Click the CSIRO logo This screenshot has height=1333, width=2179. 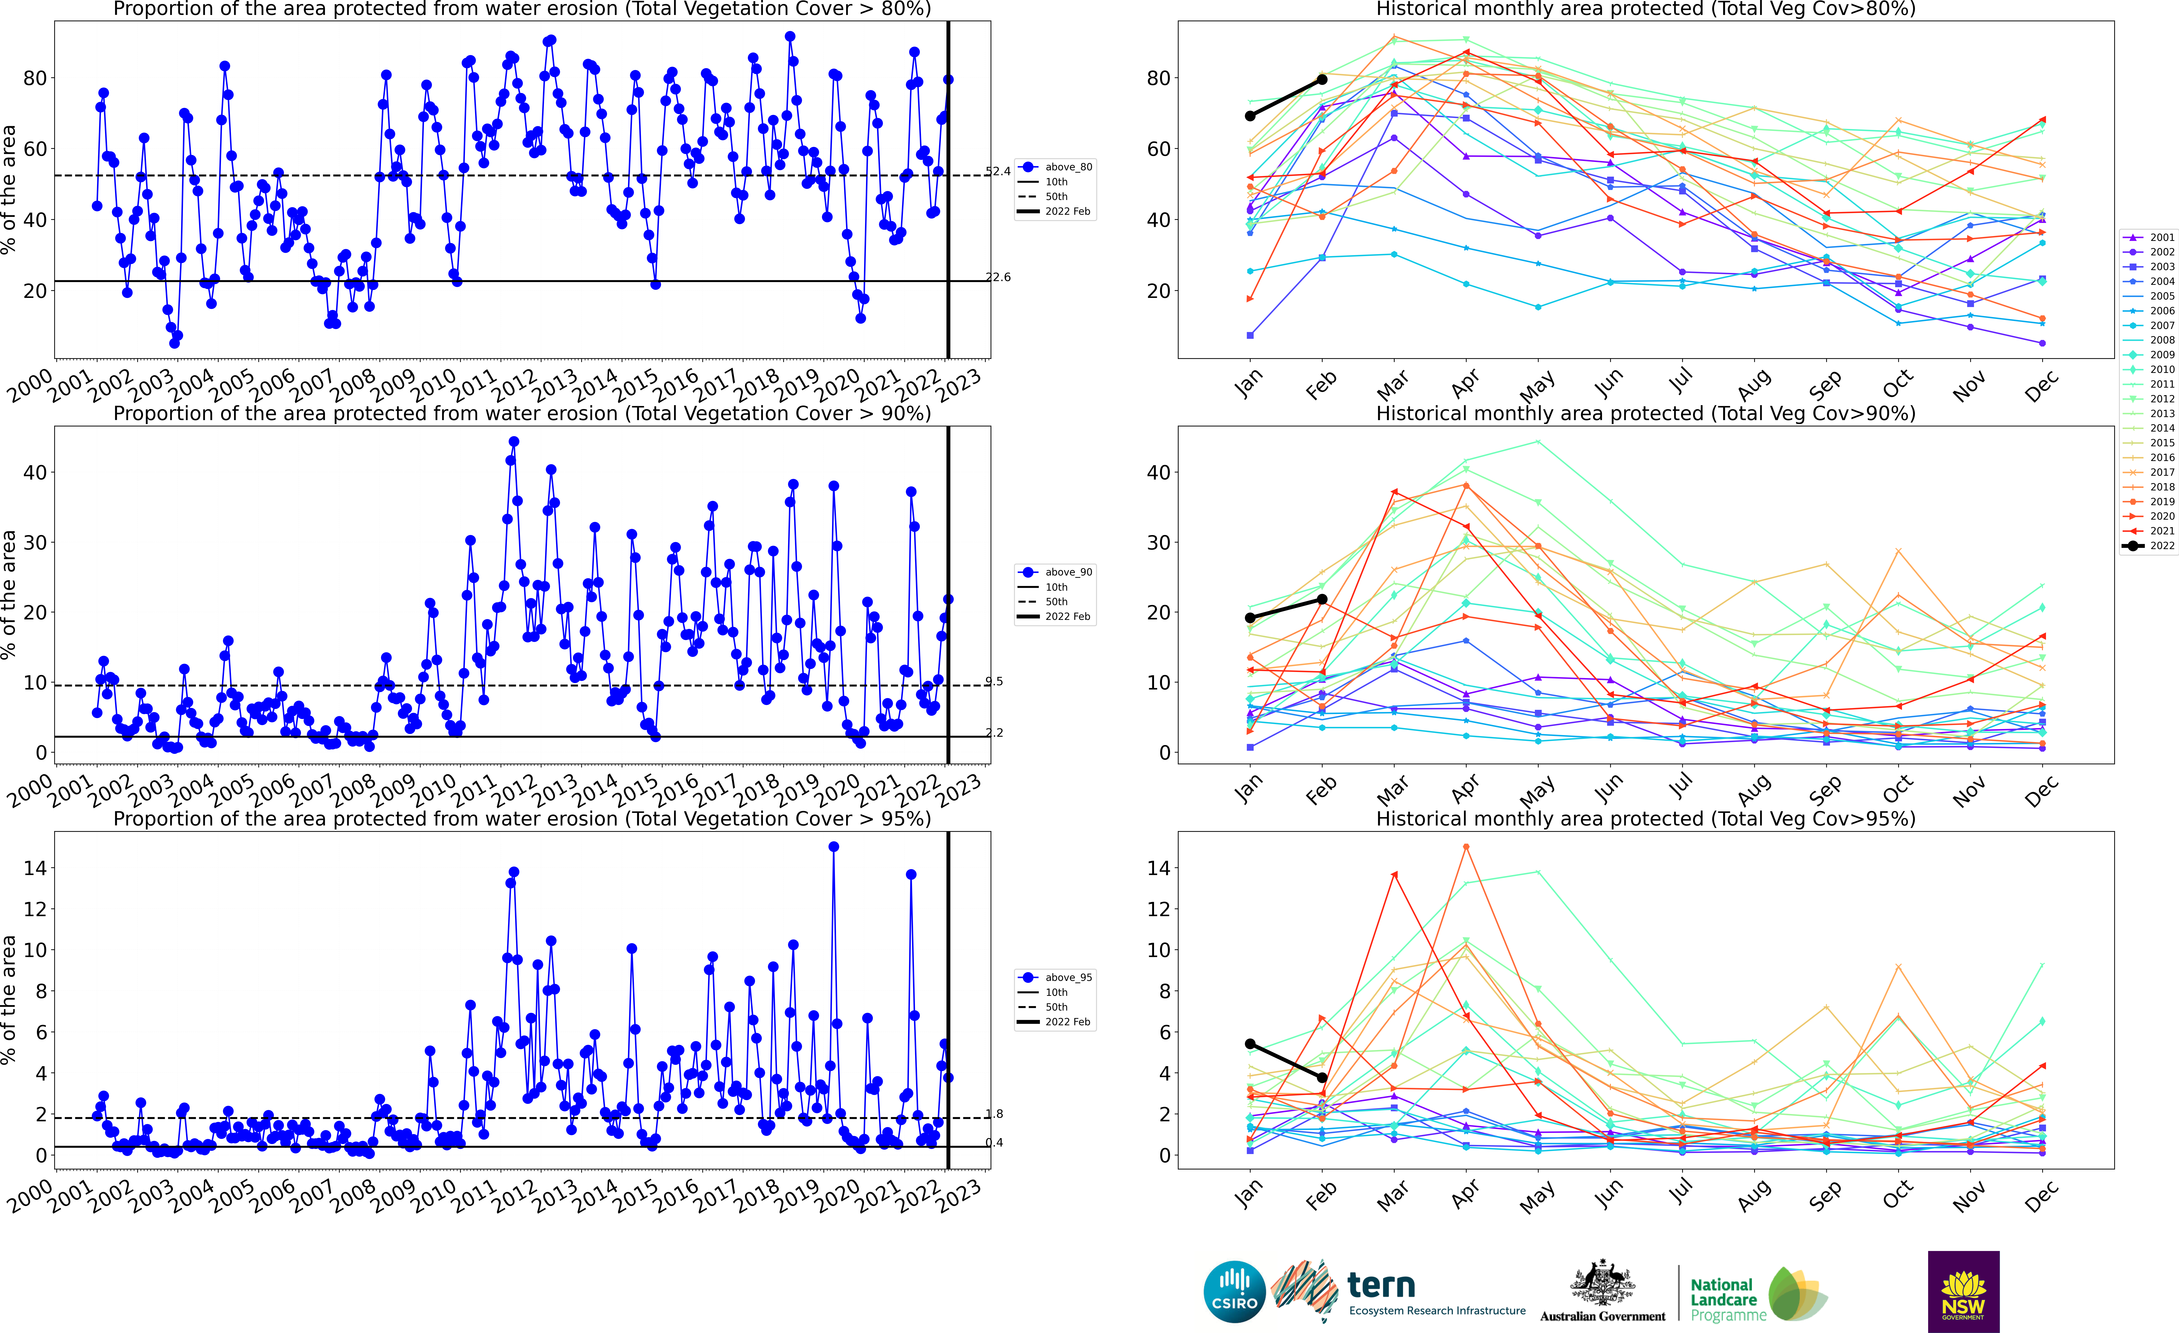pyautogui.click(x=1234, y=1291)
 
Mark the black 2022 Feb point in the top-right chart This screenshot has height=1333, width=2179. pyautogui.click(x=1322, y=79)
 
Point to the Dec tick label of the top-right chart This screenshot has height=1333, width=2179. pyautogui.click(x=2041, y=386)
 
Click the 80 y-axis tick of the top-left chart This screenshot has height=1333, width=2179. pyautogui.click(x=35, y=79)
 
